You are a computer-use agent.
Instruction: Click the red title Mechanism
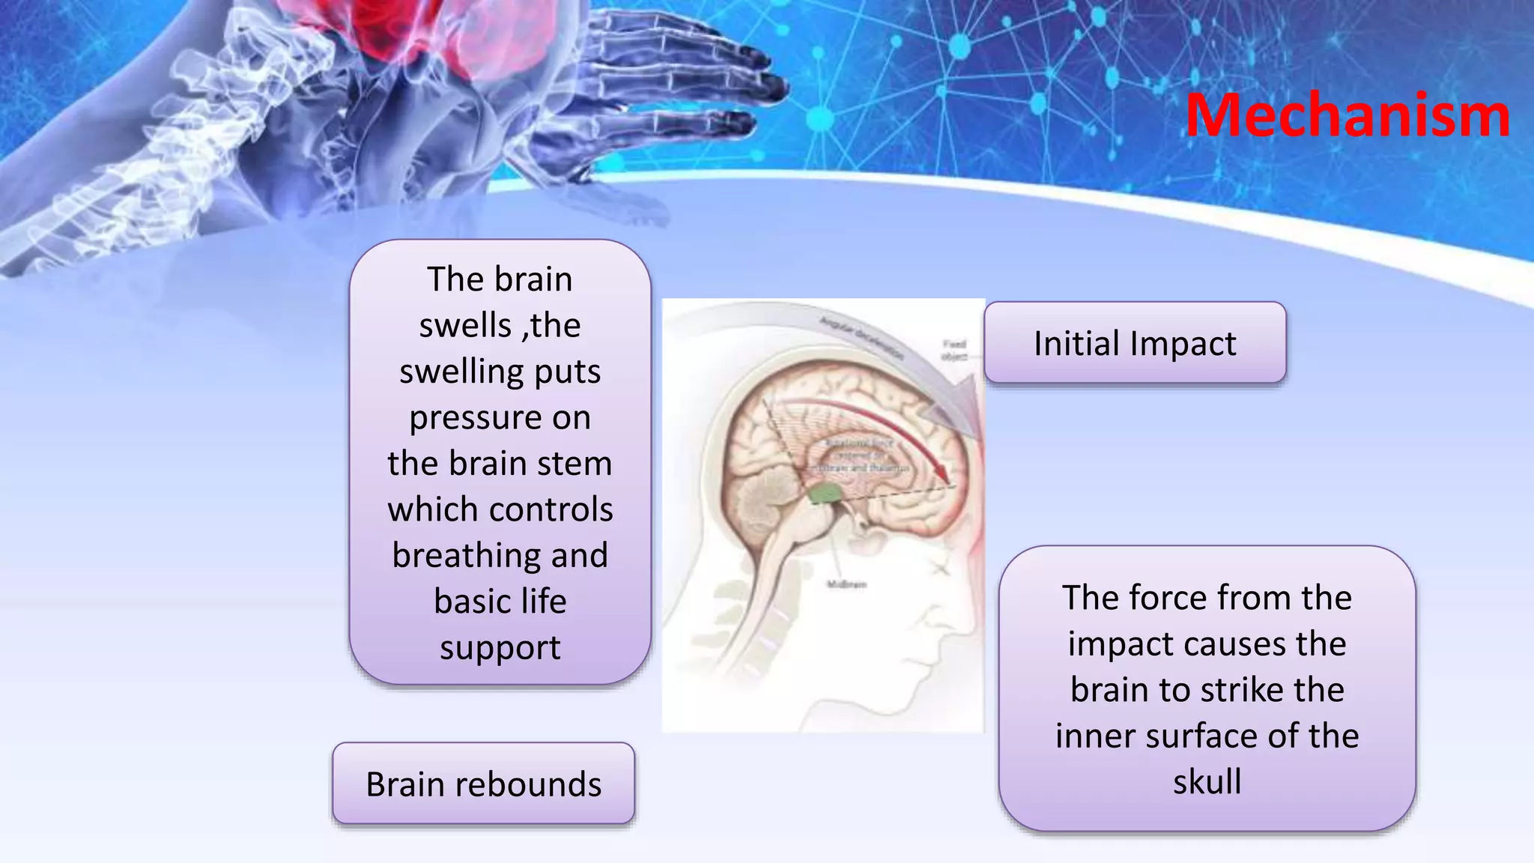click(1347, 115)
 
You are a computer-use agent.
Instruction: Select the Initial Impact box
click(1135, 343)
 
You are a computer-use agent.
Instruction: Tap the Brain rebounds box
click(483, 784)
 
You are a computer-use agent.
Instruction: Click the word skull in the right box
click(1207, 781)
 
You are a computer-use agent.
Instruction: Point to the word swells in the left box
click(464, 325)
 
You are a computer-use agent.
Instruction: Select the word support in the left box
click(500, 647)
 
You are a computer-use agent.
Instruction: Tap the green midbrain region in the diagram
click(825, 493)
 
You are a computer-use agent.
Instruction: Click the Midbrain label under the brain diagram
click(846, 584)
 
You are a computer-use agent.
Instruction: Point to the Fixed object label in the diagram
click(954, 350)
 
